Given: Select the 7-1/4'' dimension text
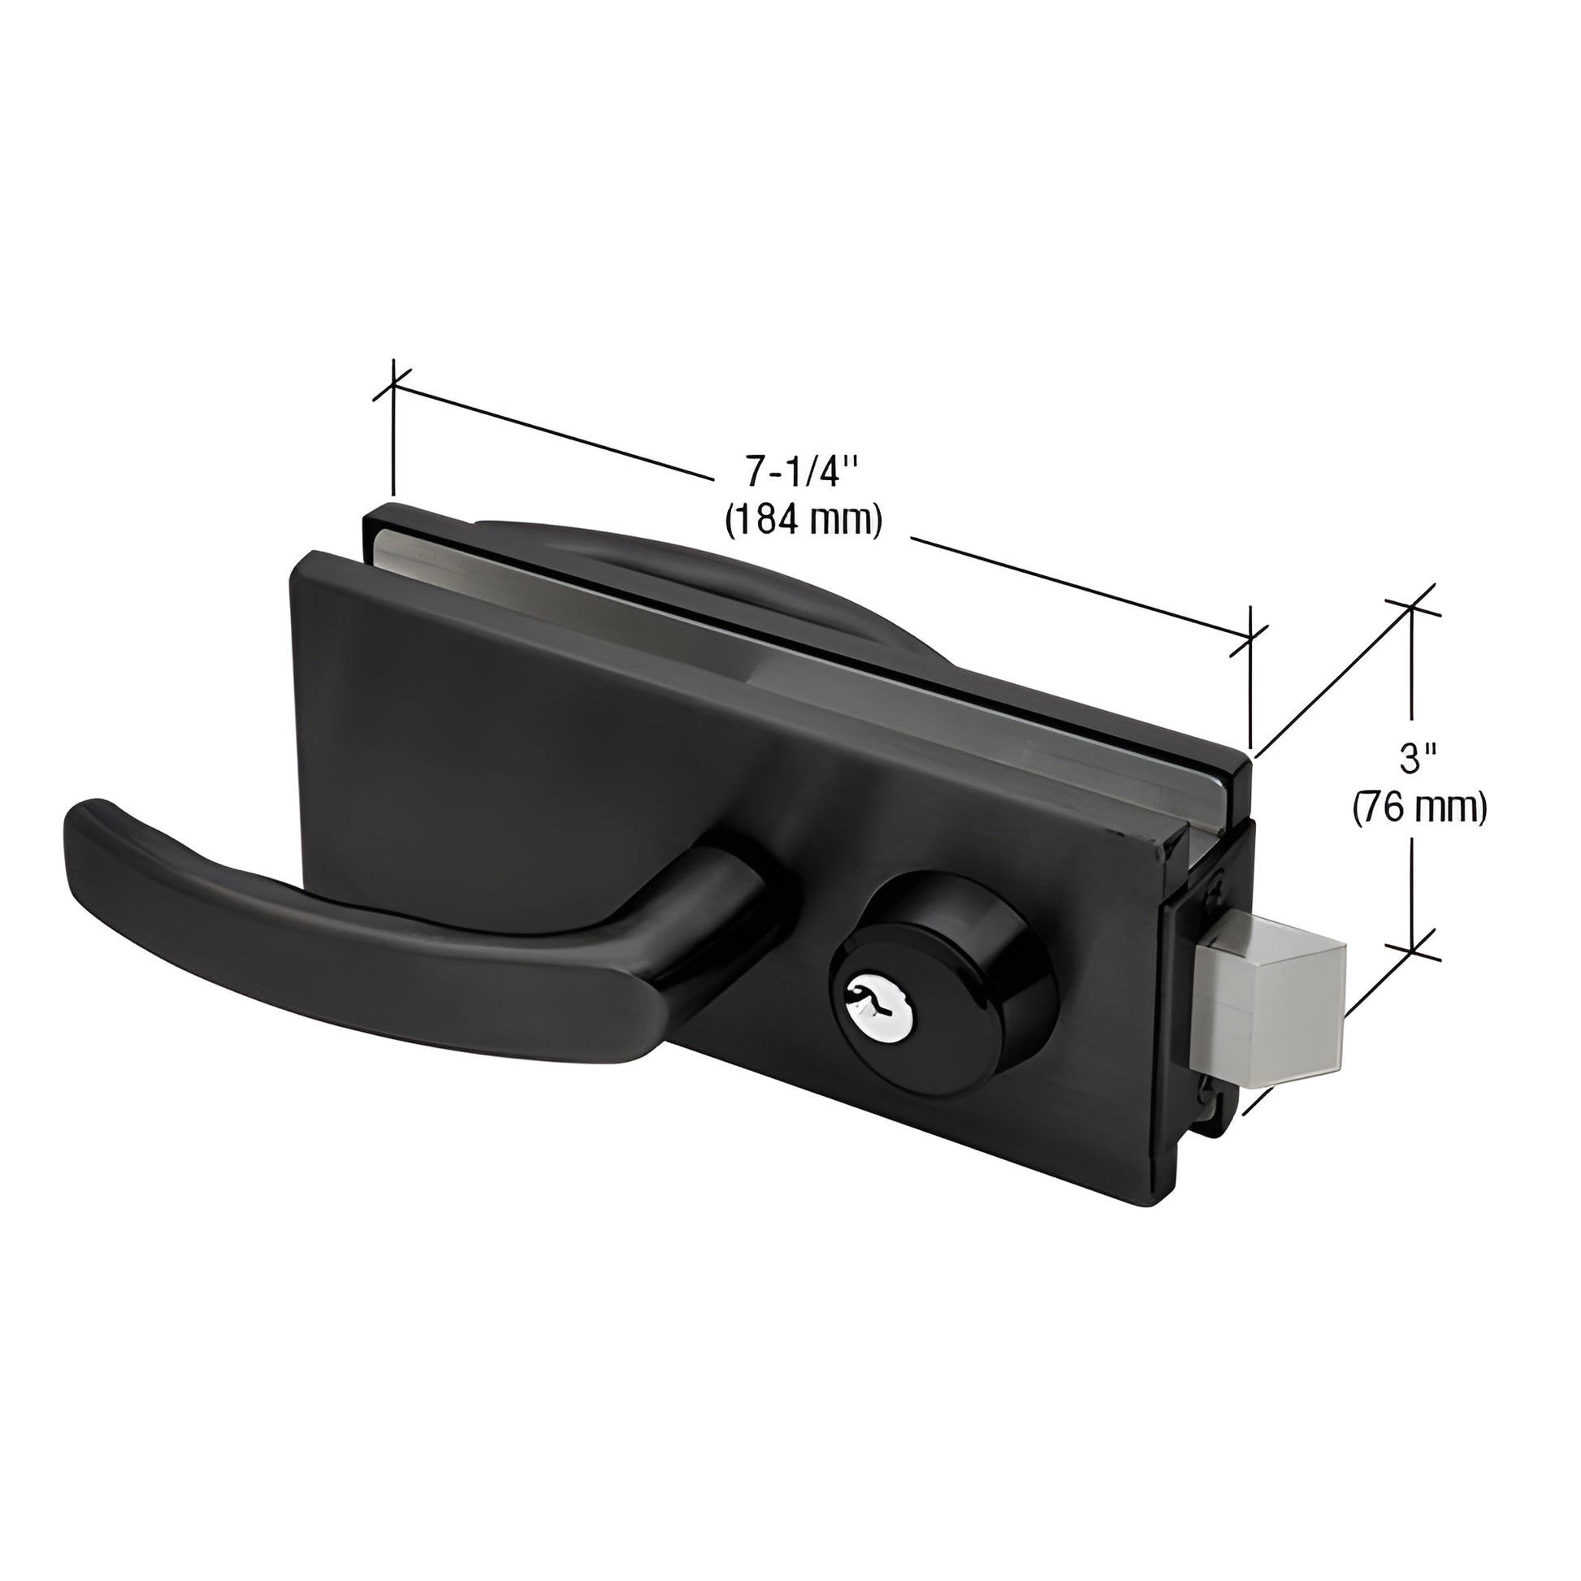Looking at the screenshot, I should pos(801,474).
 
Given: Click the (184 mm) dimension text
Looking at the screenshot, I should pos(803,521).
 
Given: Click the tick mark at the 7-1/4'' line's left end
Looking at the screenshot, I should pos(394,383).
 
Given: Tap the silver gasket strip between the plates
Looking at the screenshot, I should pos(818,647).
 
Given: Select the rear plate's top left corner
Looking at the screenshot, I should pos(368,512).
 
